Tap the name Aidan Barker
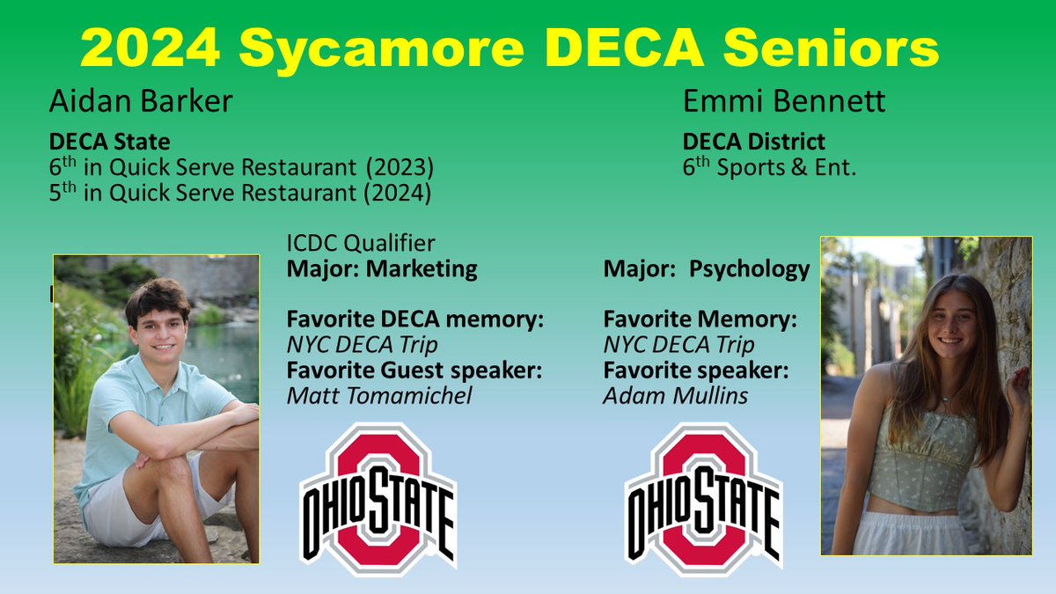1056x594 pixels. tap(141, 102)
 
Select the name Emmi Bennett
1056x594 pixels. tap(784, 102)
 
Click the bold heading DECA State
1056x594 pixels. tap(110, 141)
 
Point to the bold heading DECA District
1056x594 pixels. tap(754, 141)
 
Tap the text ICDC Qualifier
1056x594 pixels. tap(361, 243)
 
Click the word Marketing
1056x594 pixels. tap(422, 268)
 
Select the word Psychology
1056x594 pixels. tap(749, 268)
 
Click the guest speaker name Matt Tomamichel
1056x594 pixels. tap(379, 396)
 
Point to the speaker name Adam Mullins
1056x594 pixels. tap(676, 396)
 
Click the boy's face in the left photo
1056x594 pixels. tap(158, 326)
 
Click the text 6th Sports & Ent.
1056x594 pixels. tap(769, 166)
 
